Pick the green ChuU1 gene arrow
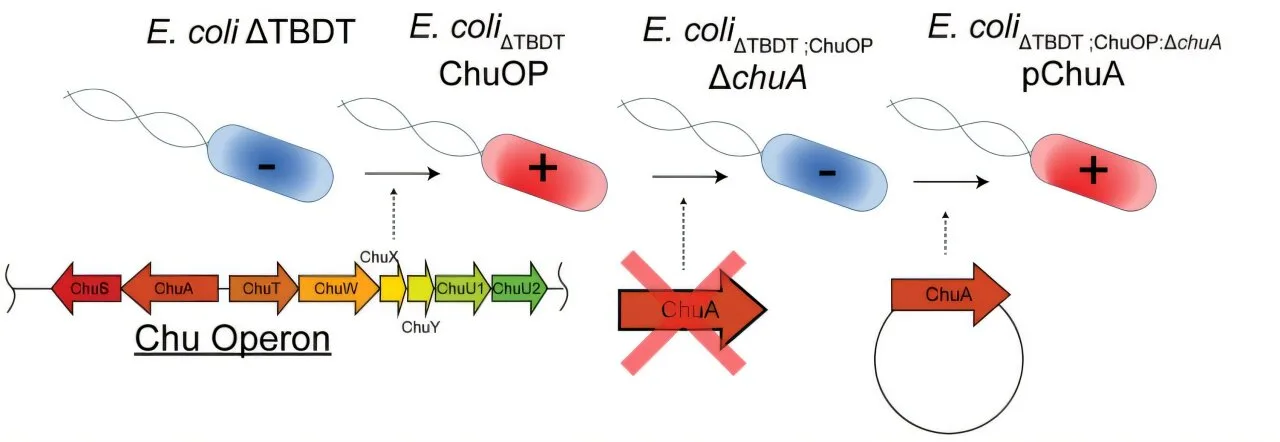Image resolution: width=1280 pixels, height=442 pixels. pos(462,289)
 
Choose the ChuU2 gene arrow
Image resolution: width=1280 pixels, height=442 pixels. pos(519,289)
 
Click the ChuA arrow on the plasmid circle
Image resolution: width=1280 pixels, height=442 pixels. pos(949,294)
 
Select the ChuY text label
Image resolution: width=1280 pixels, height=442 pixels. pos(415,325)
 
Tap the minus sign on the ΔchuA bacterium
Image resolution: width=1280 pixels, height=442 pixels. pos(827,172)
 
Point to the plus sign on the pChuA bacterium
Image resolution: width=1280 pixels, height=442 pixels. pos(1092,172)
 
